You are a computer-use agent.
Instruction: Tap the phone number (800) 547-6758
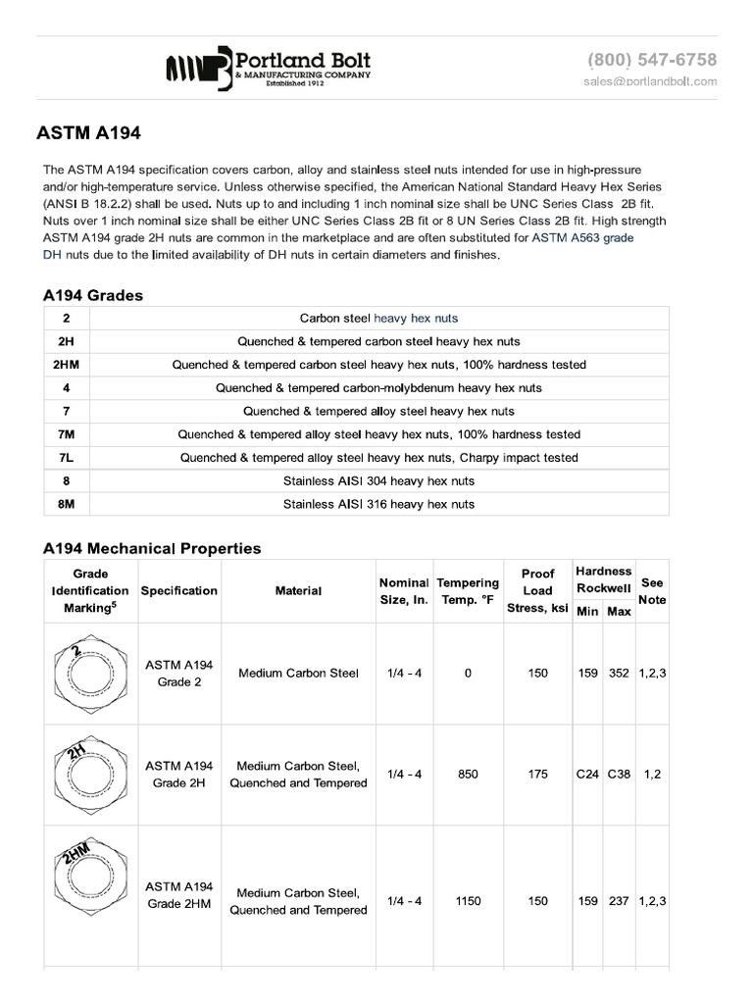(652, 60)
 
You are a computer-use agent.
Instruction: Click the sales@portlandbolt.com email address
(650, 81)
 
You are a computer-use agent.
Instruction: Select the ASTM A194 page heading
(95, 131)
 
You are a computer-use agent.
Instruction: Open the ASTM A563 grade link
(582, 238)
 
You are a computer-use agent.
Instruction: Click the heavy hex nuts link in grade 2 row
(416, 319)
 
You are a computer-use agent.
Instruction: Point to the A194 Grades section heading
(93, 295)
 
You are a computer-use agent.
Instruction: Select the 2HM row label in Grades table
(66, 365)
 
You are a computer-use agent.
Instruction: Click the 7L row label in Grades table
(66, 458)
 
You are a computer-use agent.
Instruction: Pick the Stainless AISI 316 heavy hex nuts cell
(378, 504)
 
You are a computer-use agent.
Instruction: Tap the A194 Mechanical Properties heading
(152, 548)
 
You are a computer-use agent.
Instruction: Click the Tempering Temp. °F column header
(468, 591)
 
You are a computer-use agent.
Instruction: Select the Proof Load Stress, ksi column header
(537, 591)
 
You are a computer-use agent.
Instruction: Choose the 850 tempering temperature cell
(468, 775)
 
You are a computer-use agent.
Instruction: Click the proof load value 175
(537, 775)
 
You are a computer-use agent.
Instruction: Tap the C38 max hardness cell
(619, 775)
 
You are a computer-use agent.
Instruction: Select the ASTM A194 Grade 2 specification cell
(179, 674)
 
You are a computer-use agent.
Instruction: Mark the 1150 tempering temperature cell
(468, 901)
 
